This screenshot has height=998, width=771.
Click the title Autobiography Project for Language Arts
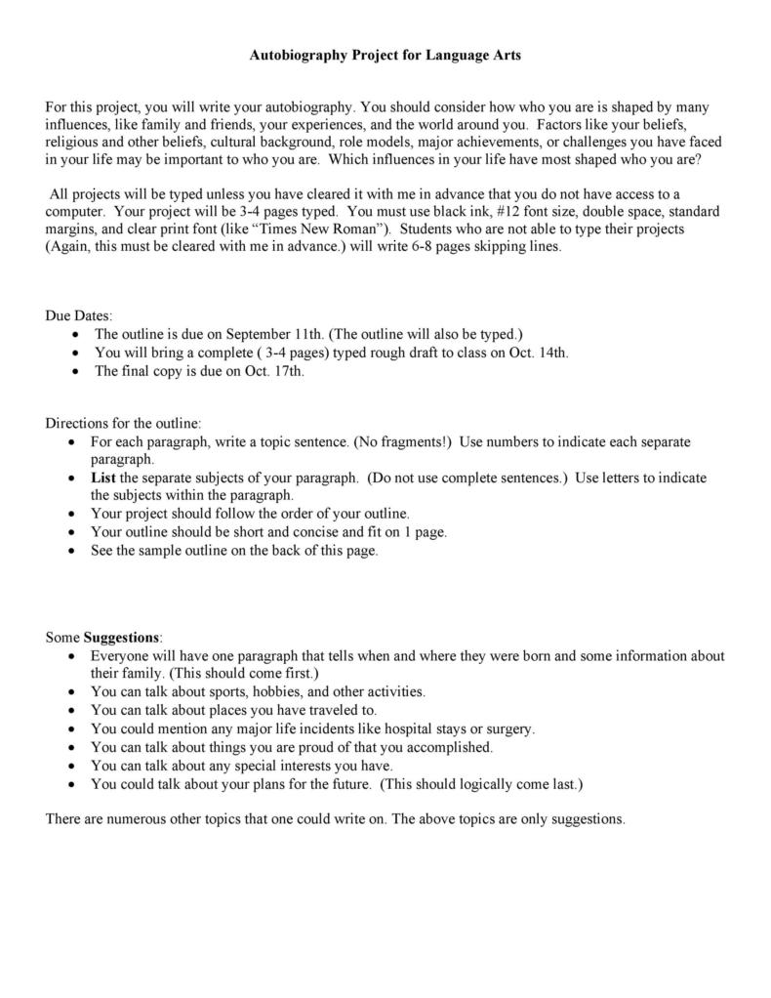point(385,56)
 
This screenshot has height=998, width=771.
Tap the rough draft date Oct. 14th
point(541,353)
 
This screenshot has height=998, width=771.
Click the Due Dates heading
point(79,315)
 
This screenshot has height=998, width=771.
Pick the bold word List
point(103,478)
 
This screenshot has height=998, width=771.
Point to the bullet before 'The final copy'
point(77,371)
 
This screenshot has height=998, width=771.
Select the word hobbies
point(252,691)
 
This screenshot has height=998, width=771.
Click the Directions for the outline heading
point(124,424)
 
